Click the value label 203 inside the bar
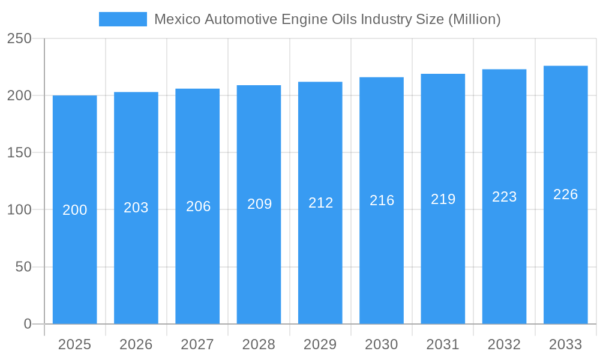(x=136, y=208)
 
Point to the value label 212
(x=320, y=203)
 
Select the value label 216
(x=382, y=200)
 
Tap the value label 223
(x=504, y=197)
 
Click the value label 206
(x=198, y=206)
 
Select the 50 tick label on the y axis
(x=23, y=267)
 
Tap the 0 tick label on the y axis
(x=28, y=324)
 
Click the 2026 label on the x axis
(x=136, y=344)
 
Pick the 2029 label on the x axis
(x=320, y=344)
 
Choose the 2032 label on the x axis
(x=504, y=344)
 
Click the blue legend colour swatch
(x=123, y=19)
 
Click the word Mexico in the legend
(x=178, y=19)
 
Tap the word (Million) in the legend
(x=474, y=19)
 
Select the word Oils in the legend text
(x=344, y=19)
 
